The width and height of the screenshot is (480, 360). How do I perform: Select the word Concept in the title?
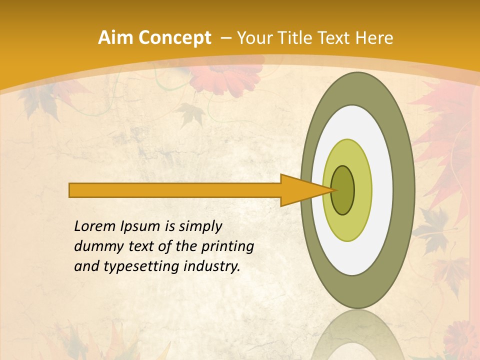pos(174,38)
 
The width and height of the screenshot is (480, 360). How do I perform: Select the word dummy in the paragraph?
pos(95,246)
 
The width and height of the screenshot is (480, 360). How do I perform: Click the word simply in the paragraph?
pos(200,226)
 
